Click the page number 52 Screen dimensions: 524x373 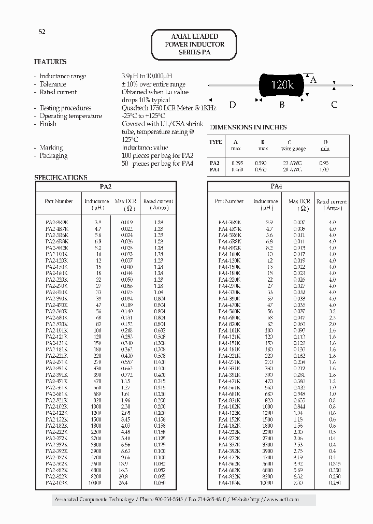coord(42,32)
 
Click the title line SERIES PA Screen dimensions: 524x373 coord(194,53)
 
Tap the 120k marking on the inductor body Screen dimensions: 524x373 coord(282,84)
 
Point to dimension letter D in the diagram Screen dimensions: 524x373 coord(233,105)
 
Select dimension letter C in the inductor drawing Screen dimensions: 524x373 coord(334,105)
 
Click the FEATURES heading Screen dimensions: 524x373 coord(50,62)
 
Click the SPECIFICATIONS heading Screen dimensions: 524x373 coord(61,177)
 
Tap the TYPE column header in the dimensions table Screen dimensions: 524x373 coord(216,142)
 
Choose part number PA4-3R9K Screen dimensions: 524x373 coord(229,222)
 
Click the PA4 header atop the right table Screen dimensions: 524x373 coord(276,186)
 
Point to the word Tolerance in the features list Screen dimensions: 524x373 coord(53,84)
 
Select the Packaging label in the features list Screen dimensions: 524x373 coord(54,155)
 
